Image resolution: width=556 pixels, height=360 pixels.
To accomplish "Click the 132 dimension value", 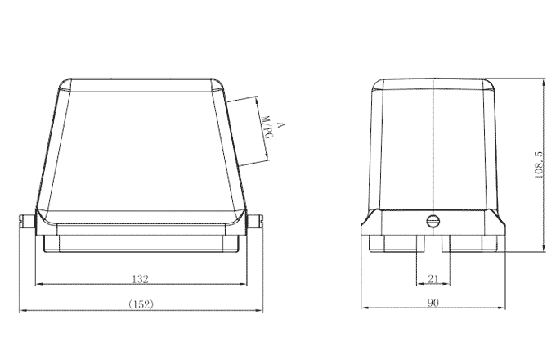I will pos(141,279).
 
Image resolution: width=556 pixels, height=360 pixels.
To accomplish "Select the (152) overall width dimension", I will pos(141,304).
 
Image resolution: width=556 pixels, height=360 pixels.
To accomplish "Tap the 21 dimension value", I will pos(433,279).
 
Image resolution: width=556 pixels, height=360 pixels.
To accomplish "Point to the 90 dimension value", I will pos(433,304).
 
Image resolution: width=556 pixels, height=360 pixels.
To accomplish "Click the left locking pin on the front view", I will pos(25,221).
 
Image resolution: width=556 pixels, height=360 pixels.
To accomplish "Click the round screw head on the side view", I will pos(433,220).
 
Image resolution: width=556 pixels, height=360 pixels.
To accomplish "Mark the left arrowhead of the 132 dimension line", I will pos(38,285).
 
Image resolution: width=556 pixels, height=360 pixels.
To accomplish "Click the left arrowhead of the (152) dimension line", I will pos(23,310).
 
